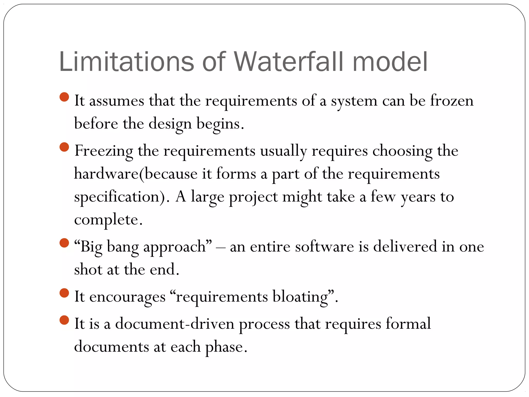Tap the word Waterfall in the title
(x=289, y=62)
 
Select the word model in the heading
(x=390, y=62)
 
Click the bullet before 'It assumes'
(x=64, y=97)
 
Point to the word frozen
(x=452, y=101)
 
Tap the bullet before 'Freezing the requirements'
(x=64, y=147)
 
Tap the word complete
(x=108, y=220)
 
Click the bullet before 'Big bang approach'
(x=64, y=243)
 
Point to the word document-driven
(x=175, y=324)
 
